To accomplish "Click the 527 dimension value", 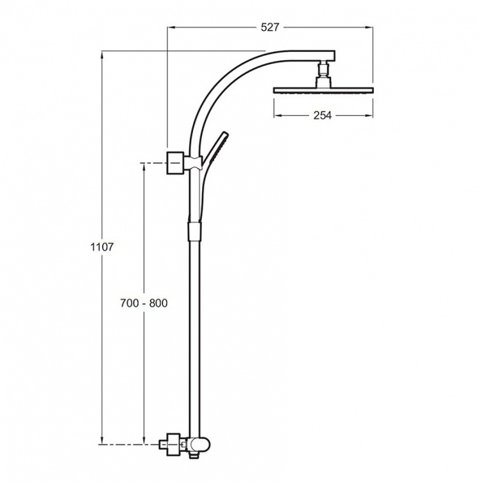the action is [270, 28].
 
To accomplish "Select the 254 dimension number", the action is [323, 115].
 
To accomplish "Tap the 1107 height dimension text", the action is [102, 247].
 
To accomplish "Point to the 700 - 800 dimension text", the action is [144, 303].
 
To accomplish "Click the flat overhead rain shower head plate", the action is [323, 90].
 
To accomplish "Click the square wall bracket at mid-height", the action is [175, 163].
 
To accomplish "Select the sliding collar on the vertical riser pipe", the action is [194, 230].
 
